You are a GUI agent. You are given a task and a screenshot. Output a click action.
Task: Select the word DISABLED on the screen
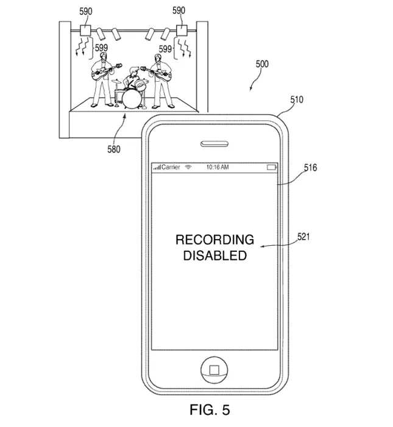pos(214,256)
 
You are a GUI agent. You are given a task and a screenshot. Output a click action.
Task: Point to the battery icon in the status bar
pos(271,167)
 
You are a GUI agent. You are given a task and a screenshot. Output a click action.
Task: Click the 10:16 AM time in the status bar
pos(218,167)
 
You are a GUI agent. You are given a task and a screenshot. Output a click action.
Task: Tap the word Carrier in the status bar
pos(171,167)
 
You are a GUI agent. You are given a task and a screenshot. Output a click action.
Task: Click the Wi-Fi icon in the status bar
pos(189,167)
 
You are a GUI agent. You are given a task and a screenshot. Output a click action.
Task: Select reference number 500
pos(262,64)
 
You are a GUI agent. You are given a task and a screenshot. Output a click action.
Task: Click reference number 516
pos(310,167)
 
